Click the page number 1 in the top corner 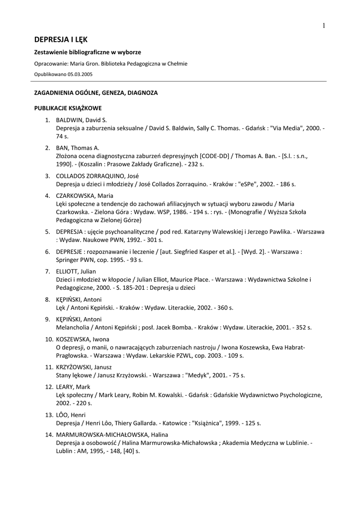(x=324, y=26)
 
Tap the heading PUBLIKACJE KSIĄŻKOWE (x=68, y=107)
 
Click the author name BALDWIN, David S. (x=82, y=120)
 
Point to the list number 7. (x=48, y=271)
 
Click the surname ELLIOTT (x=68, y=271)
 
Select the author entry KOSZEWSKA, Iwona (x=86, y=339)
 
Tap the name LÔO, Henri (x=71, y=415)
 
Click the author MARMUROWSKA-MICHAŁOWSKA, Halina (x=112, y=434)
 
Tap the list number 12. (x=49, y=387)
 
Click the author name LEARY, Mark (x=73, y=387)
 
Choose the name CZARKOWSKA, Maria (x=84, y=195)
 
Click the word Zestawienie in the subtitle (x=51, y=52)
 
